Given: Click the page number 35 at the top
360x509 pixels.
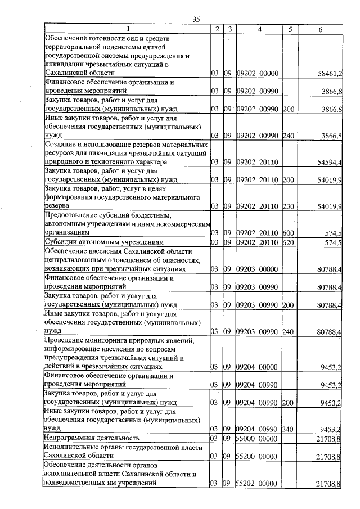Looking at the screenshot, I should [x=196, y=19].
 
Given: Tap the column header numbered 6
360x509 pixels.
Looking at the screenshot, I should [x=320, y=29].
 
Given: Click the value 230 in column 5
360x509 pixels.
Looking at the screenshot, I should [x=289, y=207].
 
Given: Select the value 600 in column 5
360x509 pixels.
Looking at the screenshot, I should [x=289, y=232].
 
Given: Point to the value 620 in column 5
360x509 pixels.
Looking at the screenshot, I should [x=289, y=242].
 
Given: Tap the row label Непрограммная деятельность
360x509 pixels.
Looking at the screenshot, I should [x=92, y=438].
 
